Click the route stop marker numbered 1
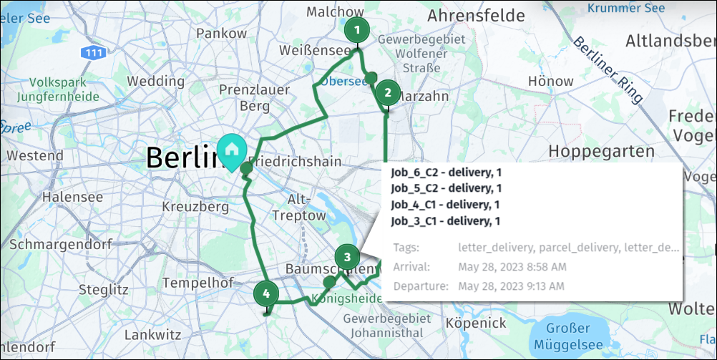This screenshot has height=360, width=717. click(x=356, y=31)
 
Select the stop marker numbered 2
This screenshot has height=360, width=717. click(x=388, y=92)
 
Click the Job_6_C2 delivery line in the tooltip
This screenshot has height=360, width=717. click(x=445, y=172)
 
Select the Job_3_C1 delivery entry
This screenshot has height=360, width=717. click(x=445, y=220)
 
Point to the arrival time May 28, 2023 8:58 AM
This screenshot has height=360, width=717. click(x=512, y=267)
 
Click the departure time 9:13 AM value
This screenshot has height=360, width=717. click(x=512, y=286)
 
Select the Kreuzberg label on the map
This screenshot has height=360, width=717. click(x=195, y=206)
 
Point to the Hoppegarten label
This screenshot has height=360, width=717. click(x=602, y=151)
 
